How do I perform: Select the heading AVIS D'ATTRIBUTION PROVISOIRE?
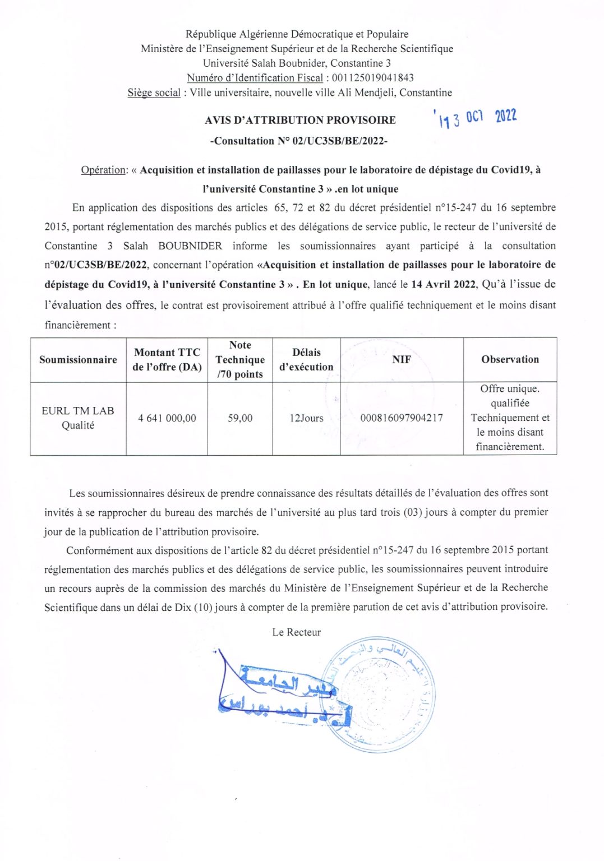pos(300,120)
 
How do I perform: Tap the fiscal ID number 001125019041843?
pos(372,78)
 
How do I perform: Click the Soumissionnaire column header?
pos(78,360)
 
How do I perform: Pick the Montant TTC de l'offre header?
pos(167,360)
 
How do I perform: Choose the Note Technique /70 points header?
pos(240,360)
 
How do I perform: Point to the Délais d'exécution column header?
pos(306,360)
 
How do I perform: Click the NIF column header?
pos(402,360)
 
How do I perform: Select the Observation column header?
pos(510,360)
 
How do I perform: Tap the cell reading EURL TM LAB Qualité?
pos(78,418)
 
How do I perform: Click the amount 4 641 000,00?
pos(167,418)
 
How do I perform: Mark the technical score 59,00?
pos(240,418)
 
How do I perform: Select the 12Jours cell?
pos(306,418)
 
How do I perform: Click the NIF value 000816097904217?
pos(402,418)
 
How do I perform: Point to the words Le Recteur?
pos(296,632)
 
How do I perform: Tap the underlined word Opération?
pos(104,170)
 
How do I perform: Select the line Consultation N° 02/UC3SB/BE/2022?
pos(299,141)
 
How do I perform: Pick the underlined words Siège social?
pos(154,93)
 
